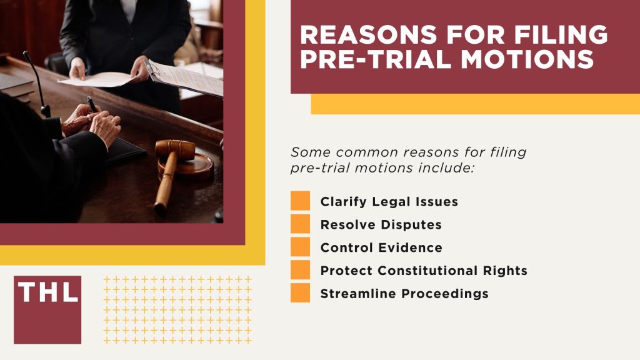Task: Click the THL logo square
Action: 47,309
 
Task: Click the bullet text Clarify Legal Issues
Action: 389,202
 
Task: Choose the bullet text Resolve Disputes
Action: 381,224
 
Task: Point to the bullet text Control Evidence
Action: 381,247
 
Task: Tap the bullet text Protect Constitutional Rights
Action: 424,271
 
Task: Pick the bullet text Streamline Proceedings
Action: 404,294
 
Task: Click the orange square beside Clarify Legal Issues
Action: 300,201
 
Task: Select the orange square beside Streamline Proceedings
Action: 300,293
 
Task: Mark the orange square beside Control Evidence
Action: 300,247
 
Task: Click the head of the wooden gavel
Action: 176,149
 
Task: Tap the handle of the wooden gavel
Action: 163,184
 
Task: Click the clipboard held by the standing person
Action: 185,78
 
